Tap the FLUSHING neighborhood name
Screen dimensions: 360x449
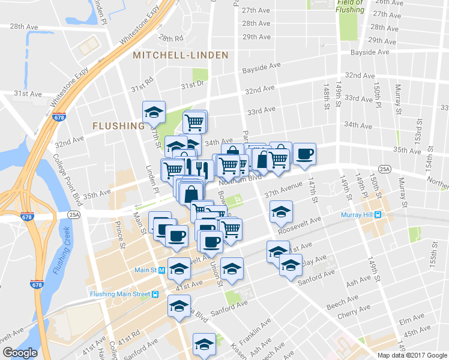pyautogui.click(x=118, y=126)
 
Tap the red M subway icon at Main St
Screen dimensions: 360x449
pyautogui.click(x=163, y=271)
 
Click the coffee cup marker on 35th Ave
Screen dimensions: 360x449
pyautogui.click(x=304, y=154)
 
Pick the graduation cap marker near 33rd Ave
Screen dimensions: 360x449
pyautogui.click(x=154, y=112)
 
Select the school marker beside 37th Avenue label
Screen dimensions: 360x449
pyautogui.click(x=281, y=212)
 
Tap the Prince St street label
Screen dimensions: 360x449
pyautogui.click(x=119, y=235)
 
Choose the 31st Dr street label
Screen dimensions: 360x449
pyautogui.click(x=193, y=84)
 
